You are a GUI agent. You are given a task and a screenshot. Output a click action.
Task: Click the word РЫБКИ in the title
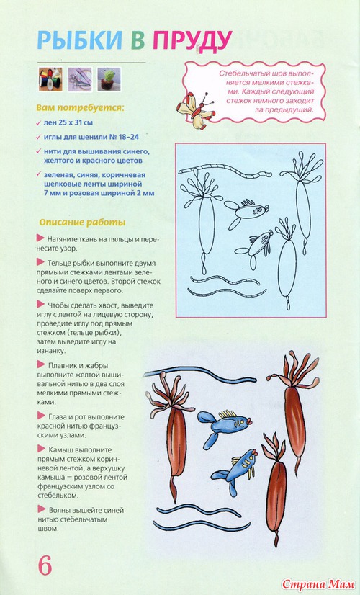[80, 40]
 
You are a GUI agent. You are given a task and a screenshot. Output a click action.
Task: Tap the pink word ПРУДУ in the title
[193, 40]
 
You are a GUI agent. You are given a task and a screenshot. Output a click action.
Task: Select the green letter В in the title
[138, 40]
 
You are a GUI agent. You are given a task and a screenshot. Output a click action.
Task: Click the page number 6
[45, 566]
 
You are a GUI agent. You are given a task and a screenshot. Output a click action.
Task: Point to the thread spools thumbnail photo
[50, 79]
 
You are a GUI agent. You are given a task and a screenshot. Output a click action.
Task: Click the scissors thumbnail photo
[80, 79]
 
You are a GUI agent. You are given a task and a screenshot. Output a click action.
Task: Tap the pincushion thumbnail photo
[109, 79]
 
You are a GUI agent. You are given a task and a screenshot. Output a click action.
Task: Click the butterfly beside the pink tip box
[197, 109]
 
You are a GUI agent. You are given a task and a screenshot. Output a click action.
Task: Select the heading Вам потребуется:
[80, 108]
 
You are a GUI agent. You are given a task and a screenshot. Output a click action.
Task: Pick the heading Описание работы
[82, 222]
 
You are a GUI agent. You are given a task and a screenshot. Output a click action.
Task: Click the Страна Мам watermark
[319, 584]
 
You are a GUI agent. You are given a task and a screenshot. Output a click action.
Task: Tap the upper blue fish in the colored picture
[223, 427]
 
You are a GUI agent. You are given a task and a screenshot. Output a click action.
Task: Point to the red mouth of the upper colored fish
[249, 421]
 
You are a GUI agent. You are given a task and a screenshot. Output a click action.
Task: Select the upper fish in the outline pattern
[246, 211]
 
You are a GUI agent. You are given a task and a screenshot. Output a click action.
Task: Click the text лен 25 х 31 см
[68, 122]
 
